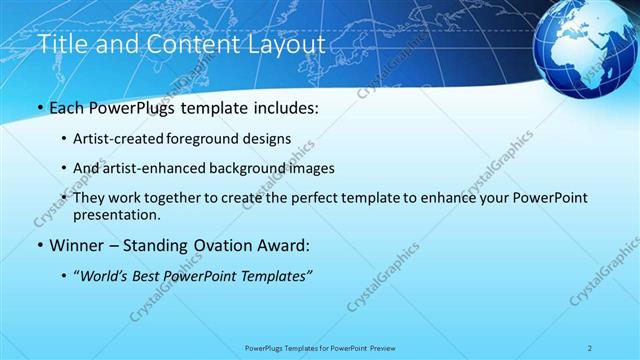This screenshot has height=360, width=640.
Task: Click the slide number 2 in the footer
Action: click(x=590, y=348)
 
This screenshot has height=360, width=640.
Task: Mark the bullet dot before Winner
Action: click(x=39, y=245)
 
